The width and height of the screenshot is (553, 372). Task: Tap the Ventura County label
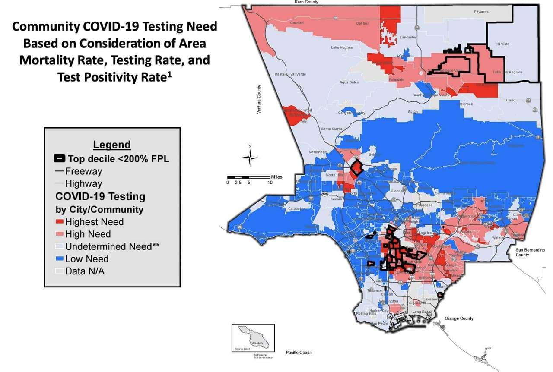click(259, 99)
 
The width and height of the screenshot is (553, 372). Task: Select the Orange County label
click(459, 318)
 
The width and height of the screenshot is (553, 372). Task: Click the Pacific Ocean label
click(299, 353)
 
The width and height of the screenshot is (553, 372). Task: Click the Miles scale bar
click(249, 177)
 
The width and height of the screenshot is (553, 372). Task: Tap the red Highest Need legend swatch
click(60, 222)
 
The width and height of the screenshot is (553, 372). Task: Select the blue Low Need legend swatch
click(60, 259)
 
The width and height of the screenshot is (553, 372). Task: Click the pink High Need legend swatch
click(60, 234)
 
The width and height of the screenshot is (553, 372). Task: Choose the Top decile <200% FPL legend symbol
click(60, 159)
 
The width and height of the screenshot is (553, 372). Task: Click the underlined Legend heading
click(112, 145)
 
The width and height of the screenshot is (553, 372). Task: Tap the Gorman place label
click(297, 23)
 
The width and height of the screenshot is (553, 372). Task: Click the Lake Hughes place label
click(341, 47)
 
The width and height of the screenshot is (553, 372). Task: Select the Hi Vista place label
click(502, 44)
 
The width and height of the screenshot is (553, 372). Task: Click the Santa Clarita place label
click(331, 129)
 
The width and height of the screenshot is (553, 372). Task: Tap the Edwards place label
click(481, 12)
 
